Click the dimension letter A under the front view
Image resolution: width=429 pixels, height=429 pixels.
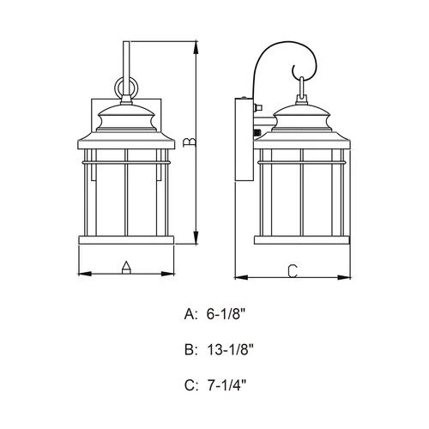(125, 268)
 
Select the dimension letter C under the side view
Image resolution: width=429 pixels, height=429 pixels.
(292, 271)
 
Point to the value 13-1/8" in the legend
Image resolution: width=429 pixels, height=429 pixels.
(231, 350)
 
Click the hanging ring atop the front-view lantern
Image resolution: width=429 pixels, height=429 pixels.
(125, 88)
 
